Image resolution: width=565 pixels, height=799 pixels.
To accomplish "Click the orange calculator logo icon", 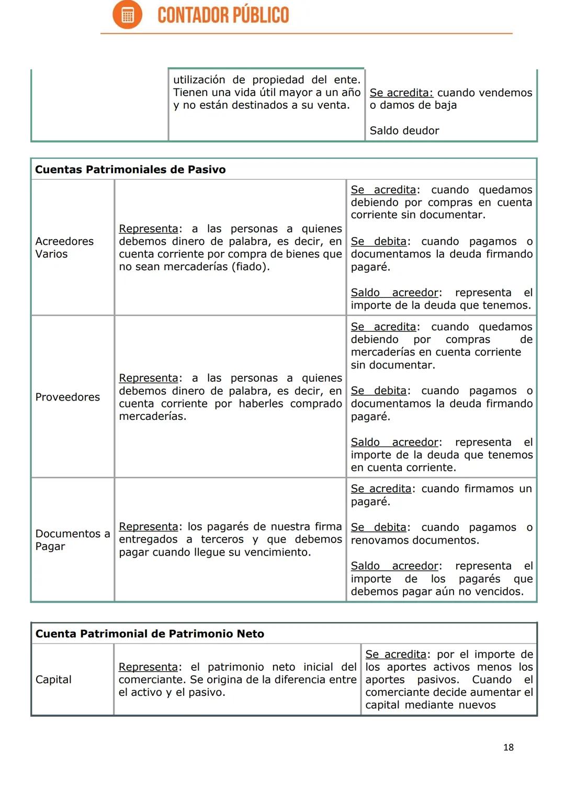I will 127,15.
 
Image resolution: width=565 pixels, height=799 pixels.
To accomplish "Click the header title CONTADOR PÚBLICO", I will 223,15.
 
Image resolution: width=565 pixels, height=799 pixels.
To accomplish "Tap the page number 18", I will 508,747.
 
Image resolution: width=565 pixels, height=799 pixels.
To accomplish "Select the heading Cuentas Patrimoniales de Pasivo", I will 130,169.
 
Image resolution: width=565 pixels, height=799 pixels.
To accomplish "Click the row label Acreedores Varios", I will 64,247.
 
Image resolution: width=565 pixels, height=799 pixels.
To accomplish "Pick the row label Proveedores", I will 67,397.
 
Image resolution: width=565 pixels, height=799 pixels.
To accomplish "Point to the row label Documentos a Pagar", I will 72,540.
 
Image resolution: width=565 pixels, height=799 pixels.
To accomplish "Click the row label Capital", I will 53,679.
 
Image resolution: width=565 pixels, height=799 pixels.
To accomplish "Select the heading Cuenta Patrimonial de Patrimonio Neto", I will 150,634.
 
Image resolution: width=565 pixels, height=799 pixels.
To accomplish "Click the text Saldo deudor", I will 404,130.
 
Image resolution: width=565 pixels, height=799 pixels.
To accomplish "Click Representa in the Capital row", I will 148,667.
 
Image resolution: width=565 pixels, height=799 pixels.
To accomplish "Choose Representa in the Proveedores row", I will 148,378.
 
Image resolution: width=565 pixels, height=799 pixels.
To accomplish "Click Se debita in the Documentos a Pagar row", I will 378,527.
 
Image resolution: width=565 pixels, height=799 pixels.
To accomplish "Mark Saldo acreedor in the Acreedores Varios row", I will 394,292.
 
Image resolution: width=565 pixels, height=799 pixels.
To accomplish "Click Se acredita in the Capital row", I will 396,654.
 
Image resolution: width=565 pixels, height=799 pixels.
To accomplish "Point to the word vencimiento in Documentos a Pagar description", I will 281,552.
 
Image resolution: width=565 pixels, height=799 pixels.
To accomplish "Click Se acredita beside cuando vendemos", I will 401,93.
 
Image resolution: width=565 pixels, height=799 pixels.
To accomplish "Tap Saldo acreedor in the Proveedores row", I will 394,442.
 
